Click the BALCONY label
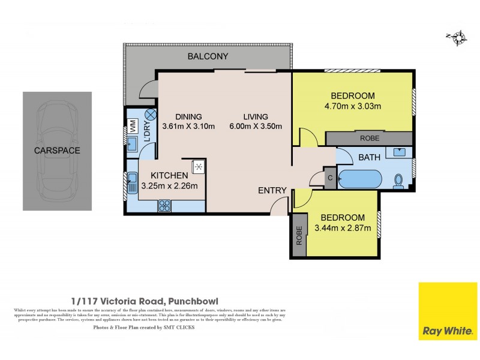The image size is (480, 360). click(x=207, y=57)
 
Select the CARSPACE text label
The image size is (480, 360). click(x=57, y=151)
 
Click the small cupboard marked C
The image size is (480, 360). click(x=330, y=178)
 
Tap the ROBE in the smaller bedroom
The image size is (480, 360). click(x=298, y=238)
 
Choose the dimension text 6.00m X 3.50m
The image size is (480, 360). click(x=255, y=127)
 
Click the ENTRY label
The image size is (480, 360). click(x=272, y=190)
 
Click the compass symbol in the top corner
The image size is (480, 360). click(x=458, y=38)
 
